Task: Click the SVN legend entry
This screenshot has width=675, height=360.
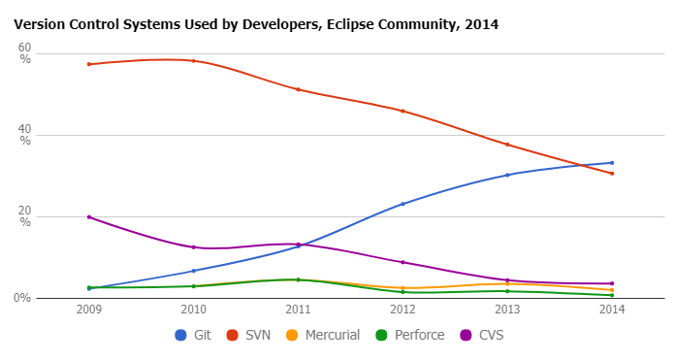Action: [247, 335]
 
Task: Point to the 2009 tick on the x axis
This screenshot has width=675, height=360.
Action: [88, 309]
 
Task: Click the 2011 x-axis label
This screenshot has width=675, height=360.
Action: [298, 309]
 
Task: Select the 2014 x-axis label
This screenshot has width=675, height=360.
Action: [612, 309]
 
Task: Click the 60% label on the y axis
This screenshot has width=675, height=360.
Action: [25, 53]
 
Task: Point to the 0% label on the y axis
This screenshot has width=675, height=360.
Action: [22, 298]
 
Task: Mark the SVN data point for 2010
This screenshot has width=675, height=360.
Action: [193, 60]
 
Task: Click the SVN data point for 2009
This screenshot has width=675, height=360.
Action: [88, 64]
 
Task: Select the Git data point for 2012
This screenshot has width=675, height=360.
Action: [402, 204]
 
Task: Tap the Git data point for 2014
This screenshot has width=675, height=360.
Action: [612, 162]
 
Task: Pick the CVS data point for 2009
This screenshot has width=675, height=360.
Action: [88, 216]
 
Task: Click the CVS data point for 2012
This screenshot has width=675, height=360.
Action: [402, 262]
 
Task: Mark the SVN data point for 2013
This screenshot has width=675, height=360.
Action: [507, 145]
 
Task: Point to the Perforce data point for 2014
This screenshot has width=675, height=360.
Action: [612, 295]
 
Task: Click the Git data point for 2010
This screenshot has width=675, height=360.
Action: [193, 271]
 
